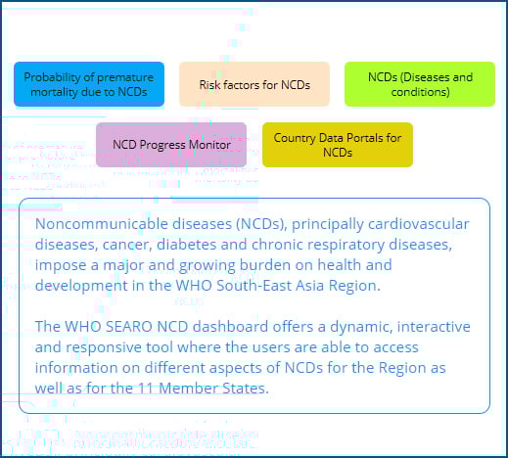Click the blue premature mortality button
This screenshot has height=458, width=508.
click(x=90, y=84)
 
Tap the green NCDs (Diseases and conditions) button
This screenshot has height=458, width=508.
click(x=420, y=84)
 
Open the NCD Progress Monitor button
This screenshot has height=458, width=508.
click(x=171, y=145)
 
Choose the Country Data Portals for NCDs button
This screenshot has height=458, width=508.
click(x=338, y=145)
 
